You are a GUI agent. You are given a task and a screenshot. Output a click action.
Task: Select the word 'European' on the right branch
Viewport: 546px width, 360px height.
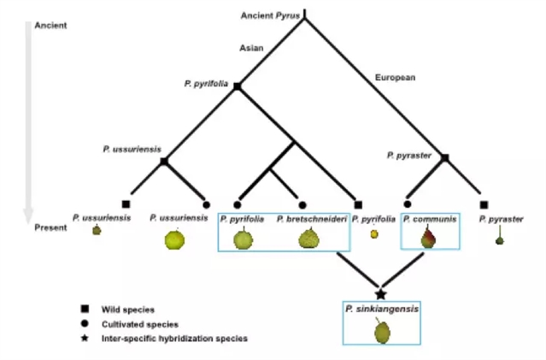(395, 78)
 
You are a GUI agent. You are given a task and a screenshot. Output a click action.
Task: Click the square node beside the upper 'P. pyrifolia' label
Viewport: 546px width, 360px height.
(238, 86)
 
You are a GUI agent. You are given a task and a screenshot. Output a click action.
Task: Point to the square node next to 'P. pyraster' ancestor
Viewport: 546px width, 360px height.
(444, 157)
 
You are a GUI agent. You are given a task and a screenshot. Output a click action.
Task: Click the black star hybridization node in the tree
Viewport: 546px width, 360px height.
(381, 293)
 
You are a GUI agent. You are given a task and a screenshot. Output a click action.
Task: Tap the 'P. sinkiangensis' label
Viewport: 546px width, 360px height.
(381, 309)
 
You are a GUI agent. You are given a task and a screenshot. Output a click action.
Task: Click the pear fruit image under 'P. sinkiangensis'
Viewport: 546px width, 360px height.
(382, 330)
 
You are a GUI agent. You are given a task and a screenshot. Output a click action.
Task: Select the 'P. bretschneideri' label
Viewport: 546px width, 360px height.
(311, 220)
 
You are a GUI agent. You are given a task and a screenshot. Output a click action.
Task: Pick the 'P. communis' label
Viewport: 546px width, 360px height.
(430, 220)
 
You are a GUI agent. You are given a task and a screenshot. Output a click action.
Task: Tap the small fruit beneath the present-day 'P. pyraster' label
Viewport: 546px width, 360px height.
(499, 239)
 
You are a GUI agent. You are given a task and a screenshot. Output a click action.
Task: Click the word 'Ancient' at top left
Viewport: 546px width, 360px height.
(50, 26)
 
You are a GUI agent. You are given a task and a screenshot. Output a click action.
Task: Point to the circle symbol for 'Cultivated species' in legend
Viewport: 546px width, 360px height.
(85, 323)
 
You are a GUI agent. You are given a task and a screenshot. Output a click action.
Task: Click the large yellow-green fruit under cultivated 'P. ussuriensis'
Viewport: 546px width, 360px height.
(174, 239)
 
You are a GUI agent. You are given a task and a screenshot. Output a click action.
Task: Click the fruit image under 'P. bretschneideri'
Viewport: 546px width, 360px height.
(308, 240)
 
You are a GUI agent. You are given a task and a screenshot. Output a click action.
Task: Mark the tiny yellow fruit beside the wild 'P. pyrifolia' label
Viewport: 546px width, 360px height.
(374, 234)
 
